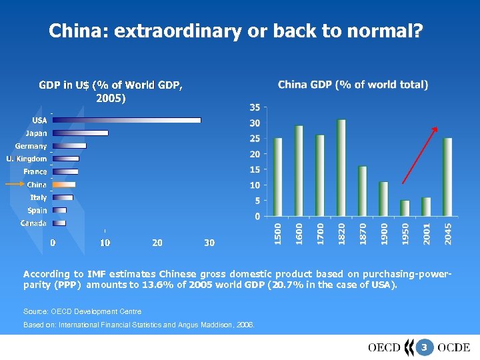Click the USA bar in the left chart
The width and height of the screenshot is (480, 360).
pyautogui.click(x=127, y=120)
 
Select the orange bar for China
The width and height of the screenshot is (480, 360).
pyautogui.click(x=64, y=185)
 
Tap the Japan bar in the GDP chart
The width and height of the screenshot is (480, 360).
pyautogui.click(x=80, y=133)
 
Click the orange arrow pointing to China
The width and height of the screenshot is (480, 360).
pyautogui.click(x=15, y=184)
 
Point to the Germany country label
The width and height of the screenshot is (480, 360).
pyautogui.click(x=31, y=146)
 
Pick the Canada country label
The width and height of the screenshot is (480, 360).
pyautogui.click(x=33, y=223)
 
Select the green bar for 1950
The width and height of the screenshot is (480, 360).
pyautogui.click(x=405, y=208)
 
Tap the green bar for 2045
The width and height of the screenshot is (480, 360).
pyautogui.click(x=447, y=177)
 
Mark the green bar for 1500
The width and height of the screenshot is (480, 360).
pyautogui.click(x=278, y=177)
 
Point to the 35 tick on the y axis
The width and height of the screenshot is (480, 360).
pyautogui.click(x=255, y=107)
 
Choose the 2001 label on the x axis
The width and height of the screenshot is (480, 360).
pyautogui.click(x=427, y=233)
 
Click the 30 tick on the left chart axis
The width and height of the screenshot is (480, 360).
pyautogui.click(x=209, y=243)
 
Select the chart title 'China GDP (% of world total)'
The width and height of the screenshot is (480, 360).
pyautogui.click(x=353, y=85)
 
